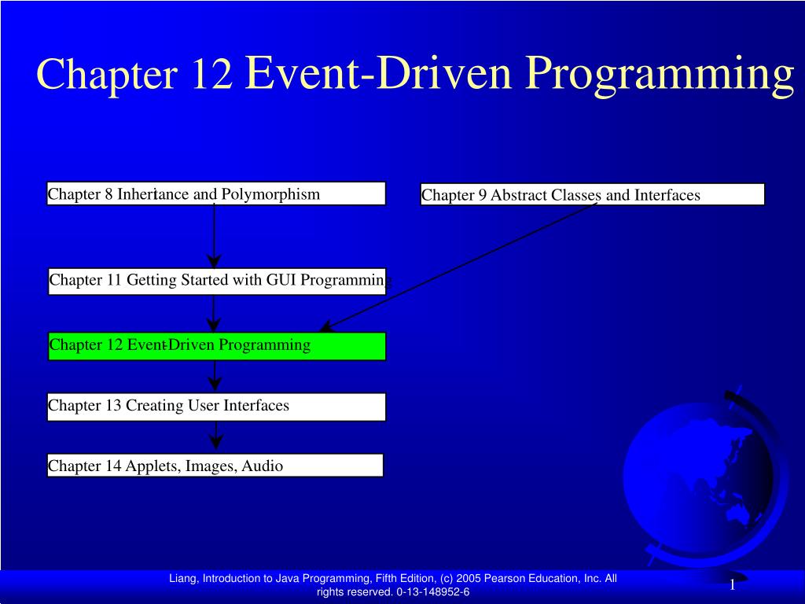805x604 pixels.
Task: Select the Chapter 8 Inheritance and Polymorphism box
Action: coord(216,193)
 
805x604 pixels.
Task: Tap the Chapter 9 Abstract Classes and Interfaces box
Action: coord(592,194)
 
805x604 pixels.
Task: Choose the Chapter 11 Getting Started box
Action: coord(217,281)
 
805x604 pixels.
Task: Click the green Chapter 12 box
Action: coord(217,345)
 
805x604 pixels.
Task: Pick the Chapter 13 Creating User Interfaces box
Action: coord(216,407)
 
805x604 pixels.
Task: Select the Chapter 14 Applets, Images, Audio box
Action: coord(215,466)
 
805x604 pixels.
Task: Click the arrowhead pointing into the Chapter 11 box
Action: coord(214,261)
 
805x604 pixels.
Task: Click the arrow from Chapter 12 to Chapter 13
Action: coord(214,376)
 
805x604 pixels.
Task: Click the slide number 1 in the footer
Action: coord(731,584)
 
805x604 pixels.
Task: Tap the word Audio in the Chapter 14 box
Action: coord(262,466)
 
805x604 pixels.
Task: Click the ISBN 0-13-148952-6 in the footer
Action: coord(432,592)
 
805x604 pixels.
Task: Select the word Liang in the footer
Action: coord(183,579)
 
